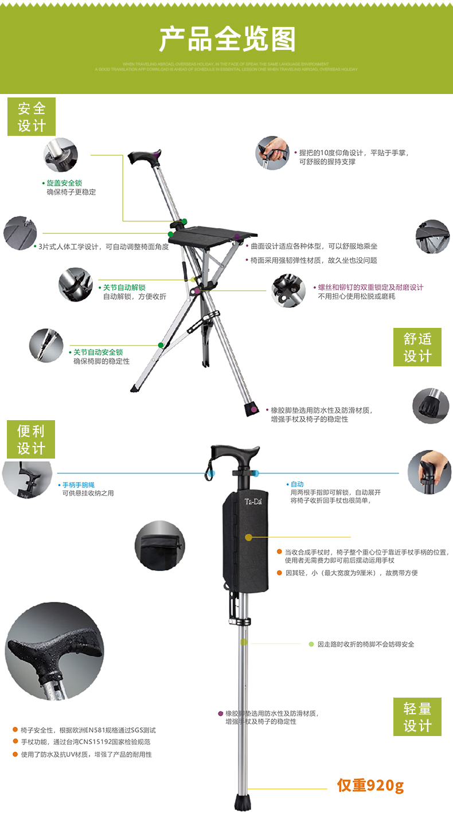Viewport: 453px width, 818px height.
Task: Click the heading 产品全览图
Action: (x=227, y=39)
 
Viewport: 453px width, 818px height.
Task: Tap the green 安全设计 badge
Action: (x=31, y=116)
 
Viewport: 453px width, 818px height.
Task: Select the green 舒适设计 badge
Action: (x=417, y=347)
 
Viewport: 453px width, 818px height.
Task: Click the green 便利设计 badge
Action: (x=31, y=439)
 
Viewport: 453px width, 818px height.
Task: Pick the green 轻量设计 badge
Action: (x=417, y=717)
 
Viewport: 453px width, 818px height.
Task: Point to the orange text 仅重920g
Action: (x=370, y=785)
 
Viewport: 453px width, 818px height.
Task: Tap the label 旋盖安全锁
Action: (x=64, y=183)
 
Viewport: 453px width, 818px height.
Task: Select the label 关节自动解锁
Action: (x=124, y=287)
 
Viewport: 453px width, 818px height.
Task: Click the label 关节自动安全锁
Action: (x=98, y=352)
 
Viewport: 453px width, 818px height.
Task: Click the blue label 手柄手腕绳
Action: (x=79, y=484)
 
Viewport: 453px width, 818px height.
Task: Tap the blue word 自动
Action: (x=297, y=484)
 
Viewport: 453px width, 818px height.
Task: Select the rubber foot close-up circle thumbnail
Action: (x=431, y=406)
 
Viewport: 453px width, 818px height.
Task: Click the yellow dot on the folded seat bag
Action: (x=248, y=538)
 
